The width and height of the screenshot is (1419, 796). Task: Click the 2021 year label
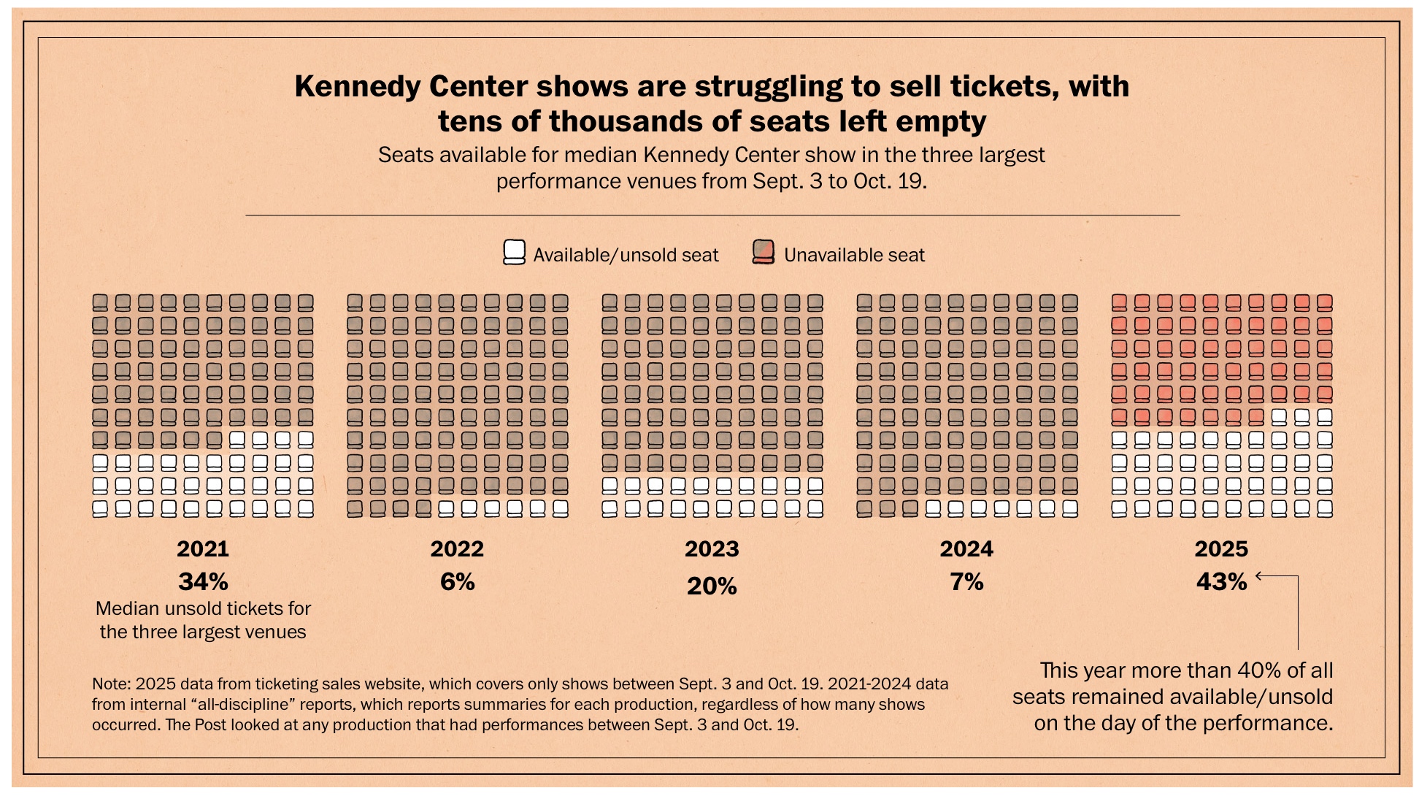[203, 548]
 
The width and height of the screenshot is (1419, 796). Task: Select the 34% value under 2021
[203, 582]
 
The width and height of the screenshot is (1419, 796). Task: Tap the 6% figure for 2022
[458, 582]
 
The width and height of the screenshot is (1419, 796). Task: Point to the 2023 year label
[712, 548]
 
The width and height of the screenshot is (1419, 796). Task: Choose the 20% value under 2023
[712, 586]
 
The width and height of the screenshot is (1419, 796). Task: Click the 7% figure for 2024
[966, 582]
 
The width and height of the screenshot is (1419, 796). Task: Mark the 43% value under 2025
[1221, 582]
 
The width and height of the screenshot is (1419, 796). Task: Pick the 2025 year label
[1221, 548]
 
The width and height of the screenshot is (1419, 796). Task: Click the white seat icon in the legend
[515, 253]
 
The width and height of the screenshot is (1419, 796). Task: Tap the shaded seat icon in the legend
[763, 252]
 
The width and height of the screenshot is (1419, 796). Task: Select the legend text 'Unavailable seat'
[854, 255]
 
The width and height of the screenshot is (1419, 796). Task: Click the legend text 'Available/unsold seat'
[626, 255]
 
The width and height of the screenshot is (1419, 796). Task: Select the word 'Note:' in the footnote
[111, 684]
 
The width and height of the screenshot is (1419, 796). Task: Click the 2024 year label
[966, 548]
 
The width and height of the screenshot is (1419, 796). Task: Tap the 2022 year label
[458, 548]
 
